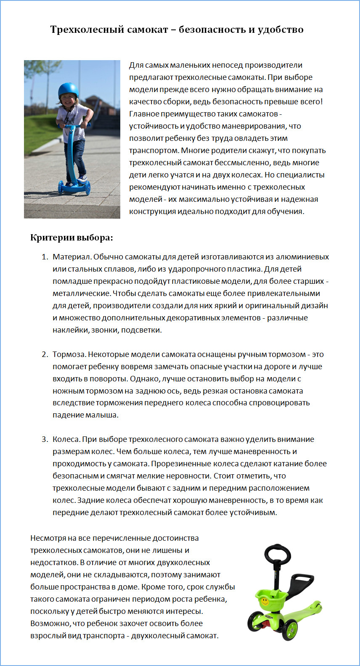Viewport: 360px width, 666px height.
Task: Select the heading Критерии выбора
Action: [71, 238]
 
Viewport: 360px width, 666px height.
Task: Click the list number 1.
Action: [45, 257]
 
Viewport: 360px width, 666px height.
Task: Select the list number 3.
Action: [45, 439]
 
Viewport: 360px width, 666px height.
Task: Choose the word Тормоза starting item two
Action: [69, 354]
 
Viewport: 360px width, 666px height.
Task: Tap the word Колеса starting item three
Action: [66, 439]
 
